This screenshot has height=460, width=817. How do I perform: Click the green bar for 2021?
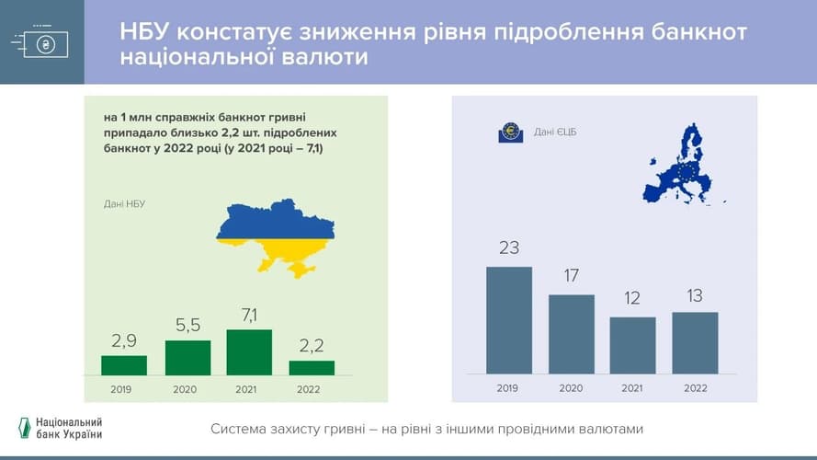pos(249,352)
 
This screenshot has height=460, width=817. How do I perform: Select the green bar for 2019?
pos(124,365)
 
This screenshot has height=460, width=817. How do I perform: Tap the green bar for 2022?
pos(312,368)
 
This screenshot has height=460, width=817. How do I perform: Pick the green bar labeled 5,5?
pos(187,358)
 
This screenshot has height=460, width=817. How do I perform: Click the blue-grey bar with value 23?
pos(509,320)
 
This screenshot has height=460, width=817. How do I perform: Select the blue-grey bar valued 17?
pos(572,334)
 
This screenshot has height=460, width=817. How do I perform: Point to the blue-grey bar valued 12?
pos(632,345)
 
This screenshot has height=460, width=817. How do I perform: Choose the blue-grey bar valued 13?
pos(695,343)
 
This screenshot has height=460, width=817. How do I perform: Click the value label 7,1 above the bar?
pos(249,315)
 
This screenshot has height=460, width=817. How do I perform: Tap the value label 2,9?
pos(124,341)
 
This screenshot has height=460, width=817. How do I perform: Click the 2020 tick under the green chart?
pos(185,389)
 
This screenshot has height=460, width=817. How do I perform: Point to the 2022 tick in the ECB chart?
pos(695,388)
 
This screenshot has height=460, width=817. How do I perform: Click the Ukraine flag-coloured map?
pos(276,236)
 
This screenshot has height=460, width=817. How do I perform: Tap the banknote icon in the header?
pos(40,42)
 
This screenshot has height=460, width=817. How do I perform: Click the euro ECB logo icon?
pos(511,132)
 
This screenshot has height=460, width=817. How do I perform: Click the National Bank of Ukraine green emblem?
pos(25,428)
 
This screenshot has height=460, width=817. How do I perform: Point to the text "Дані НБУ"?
pos(124,204)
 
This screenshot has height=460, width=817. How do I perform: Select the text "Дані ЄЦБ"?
pos(555,132)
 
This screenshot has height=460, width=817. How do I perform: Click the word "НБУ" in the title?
pos(144,32)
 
